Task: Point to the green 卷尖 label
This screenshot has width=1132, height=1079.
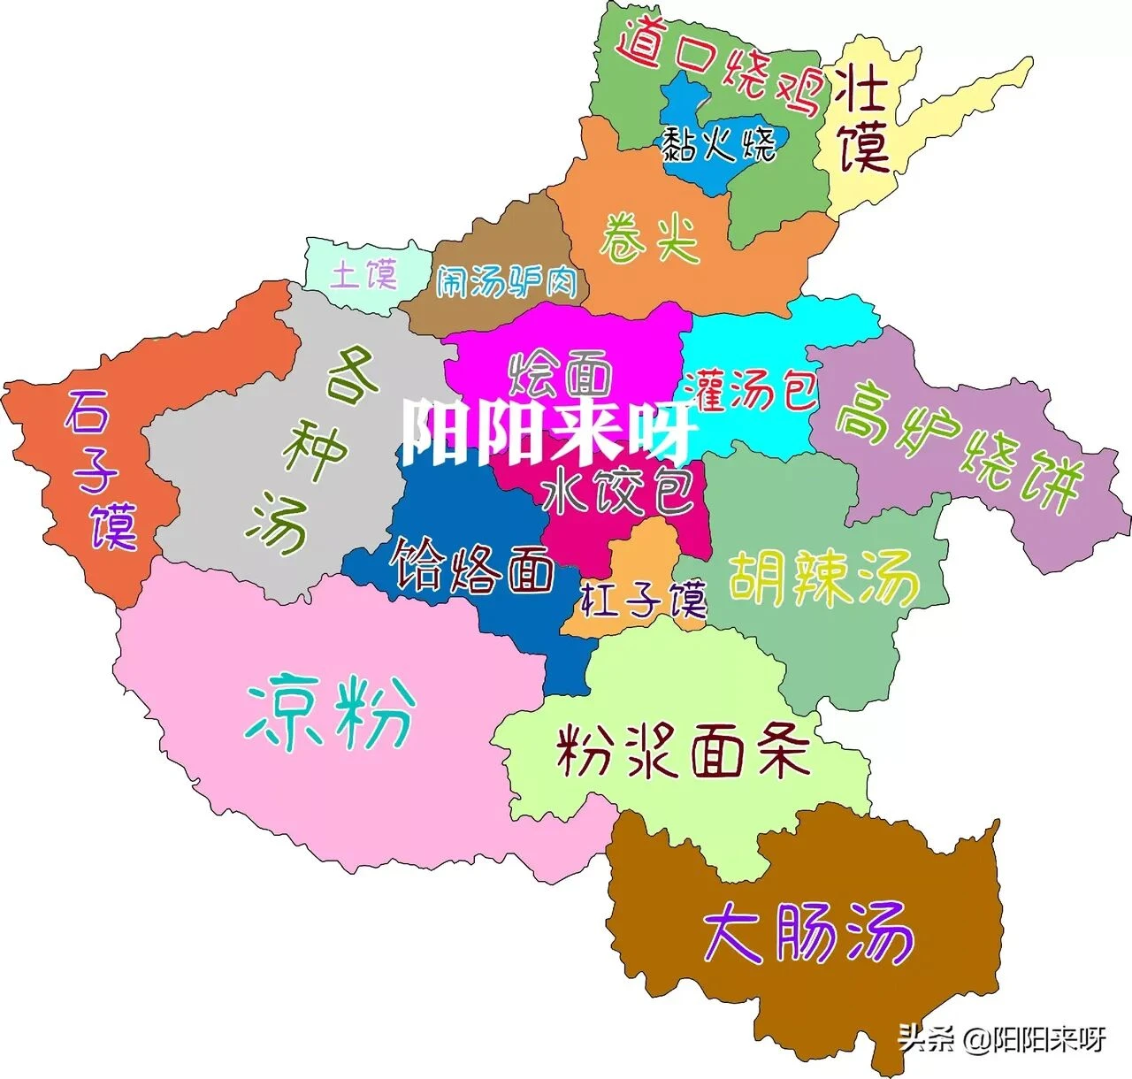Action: (650, 237)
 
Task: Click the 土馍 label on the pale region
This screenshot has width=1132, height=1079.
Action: (363, 274)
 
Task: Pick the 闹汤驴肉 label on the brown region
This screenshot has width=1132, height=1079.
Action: (507, 282)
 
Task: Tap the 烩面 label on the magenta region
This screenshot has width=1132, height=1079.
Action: (560, 374)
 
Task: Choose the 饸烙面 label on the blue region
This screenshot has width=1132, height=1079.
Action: (473, 566)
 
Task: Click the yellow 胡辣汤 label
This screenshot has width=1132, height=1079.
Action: (822, 579)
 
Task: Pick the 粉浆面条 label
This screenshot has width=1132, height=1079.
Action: (682, 752)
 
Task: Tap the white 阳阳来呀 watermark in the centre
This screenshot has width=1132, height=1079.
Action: (547, 432)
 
